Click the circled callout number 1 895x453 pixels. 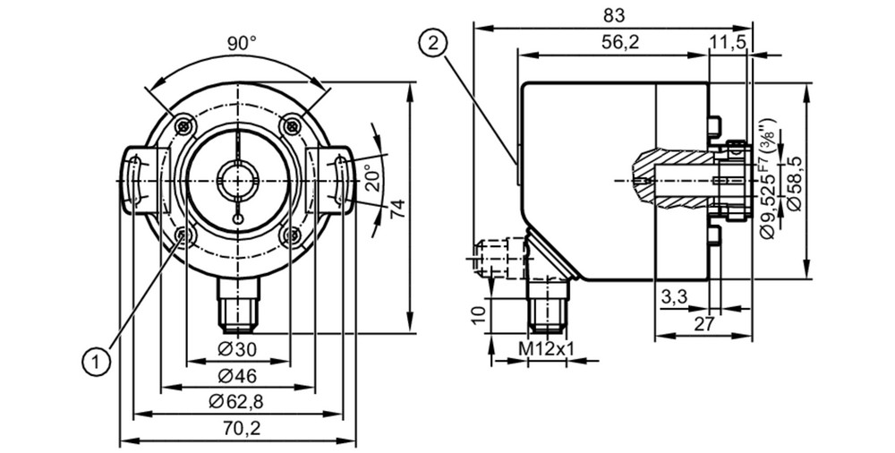coord(97,362)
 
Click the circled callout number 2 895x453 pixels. coord(434,43)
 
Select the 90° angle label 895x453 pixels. coord(242,43)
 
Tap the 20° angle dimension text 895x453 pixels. coord(372,178)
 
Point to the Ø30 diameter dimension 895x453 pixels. coord(237,349)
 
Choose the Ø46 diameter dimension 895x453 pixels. coord(237,375)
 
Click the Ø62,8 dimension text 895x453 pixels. coord(236,402)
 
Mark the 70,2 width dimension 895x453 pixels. coord(237,428)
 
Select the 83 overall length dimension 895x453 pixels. coord(614,16)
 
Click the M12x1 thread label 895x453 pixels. coord(546,348)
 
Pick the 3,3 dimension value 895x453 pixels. coord(674,297)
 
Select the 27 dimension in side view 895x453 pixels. coord(704,324)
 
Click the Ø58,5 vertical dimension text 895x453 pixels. coord(794,183)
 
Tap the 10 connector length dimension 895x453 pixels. coord(480,313)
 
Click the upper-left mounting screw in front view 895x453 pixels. coord(183,125)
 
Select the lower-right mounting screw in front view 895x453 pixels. coord(293,235)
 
